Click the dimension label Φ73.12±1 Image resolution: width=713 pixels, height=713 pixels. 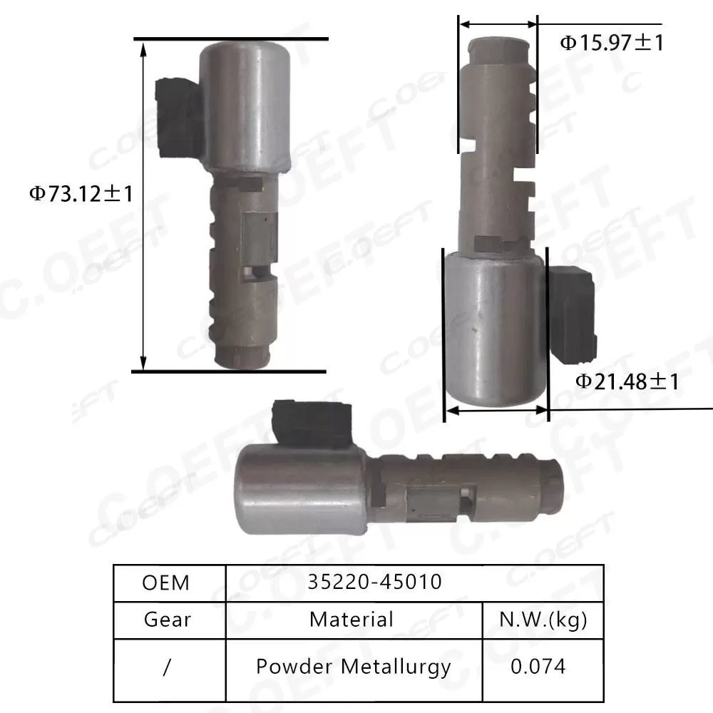click(x=81, y=193)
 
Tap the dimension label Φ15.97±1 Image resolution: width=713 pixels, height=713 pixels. click(x=611, y=43)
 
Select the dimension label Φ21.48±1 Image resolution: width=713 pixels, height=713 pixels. click(x=627, y=381)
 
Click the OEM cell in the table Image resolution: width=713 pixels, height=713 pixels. click(x=167, y=583)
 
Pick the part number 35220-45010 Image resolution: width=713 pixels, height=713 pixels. click(x=375, y=583)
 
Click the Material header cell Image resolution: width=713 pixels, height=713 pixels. click(x=352, y=620)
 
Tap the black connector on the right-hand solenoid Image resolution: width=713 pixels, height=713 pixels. click(x=572, y=312)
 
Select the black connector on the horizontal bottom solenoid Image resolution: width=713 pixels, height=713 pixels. click(x=312, y=423)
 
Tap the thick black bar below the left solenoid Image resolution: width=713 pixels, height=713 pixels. click(x=229, y=371)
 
